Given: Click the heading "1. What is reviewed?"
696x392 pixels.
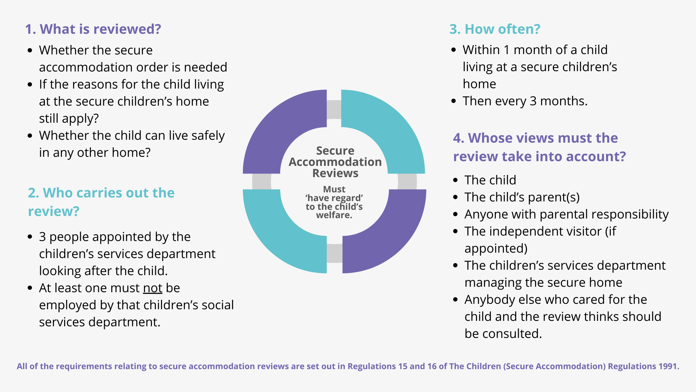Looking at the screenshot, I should (x=93, y=29).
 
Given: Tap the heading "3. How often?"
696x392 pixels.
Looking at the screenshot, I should (x=495, y=29).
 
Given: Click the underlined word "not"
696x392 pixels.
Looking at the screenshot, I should (x=153, y=288).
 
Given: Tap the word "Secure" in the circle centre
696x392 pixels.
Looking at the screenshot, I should (x=335, y=151).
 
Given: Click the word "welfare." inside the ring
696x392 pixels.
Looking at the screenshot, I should (x=334, y=215).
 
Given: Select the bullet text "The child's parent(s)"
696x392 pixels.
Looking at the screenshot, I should (x=522, y=197).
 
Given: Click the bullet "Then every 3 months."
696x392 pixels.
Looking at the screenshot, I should (x=525, y=101).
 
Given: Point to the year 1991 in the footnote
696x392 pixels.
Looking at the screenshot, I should (x=668, y=366).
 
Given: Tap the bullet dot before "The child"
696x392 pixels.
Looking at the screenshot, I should (x=456, y=180).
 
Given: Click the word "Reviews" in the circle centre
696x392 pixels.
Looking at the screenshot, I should (x=335, y=173).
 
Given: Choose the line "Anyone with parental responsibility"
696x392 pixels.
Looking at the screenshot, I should (x=566, y=214).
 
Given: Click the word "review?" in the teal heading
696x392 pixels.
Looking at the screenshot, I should (x=54, y=211).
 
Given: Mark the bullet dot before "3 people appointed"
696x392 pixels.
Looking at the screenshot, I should (x=30, y=237).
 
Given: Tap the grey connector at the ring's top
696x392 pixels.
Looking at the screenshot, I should (x=334, y=110).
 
